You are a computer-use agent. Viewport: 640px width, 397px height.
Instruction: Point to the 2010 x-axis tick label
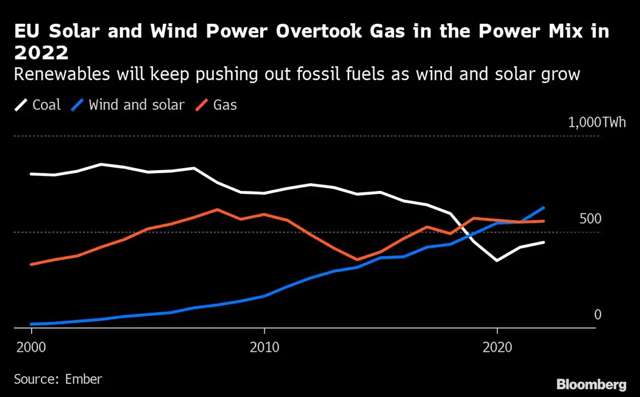pyautogui.click(x=264, y=347)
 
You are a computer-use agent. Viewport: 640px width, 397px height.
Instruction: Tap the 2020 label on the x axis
pyautogui.click(x=497, y=347)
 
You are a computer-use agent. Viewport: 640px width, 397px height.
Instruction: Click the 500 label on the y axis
pyautogui.click(x=589, y=218)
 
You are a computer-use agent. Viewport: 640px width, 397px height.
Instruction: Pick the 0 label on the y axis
pyautogui.click(x=597, y=315)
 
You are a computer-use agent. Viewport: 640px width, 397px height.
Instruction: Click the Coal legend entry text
pyautogui.click(x=46, y=105)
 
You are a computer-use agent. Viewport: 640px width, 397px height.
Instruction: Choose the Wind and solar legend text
pyautogui.click(x=136, y=105)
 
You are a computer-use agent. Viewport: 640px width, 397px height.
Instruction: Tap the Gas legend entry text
pyautogui.click(x=225, y=105)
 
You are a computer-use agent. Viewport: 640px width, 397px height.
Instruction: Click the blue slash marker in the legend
pyautogui.click(x=77, y=105)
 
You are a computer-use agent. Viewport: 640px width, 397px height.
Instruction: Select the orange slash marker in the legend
pyautogui.click(x=202, y=105)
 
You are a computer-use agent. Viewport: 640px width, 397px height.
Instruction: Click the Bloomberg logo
pyautogui.click(x=591, y=384)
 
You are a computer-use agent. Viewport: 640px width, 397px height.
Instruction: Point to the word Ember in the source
pyautogui.click(x=83, y=379)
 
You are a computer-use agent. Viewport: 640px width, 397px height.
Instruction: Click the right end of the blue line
pyautogui.click(x=544, y=207)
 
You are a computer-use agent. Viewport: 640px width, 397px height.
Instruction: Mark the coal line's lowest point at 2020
pyautogui.click(x=497, y=261)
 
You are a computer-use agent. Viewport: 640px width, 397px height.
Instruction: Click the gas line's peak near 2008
pyautogui.click(x=218, y=209)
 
